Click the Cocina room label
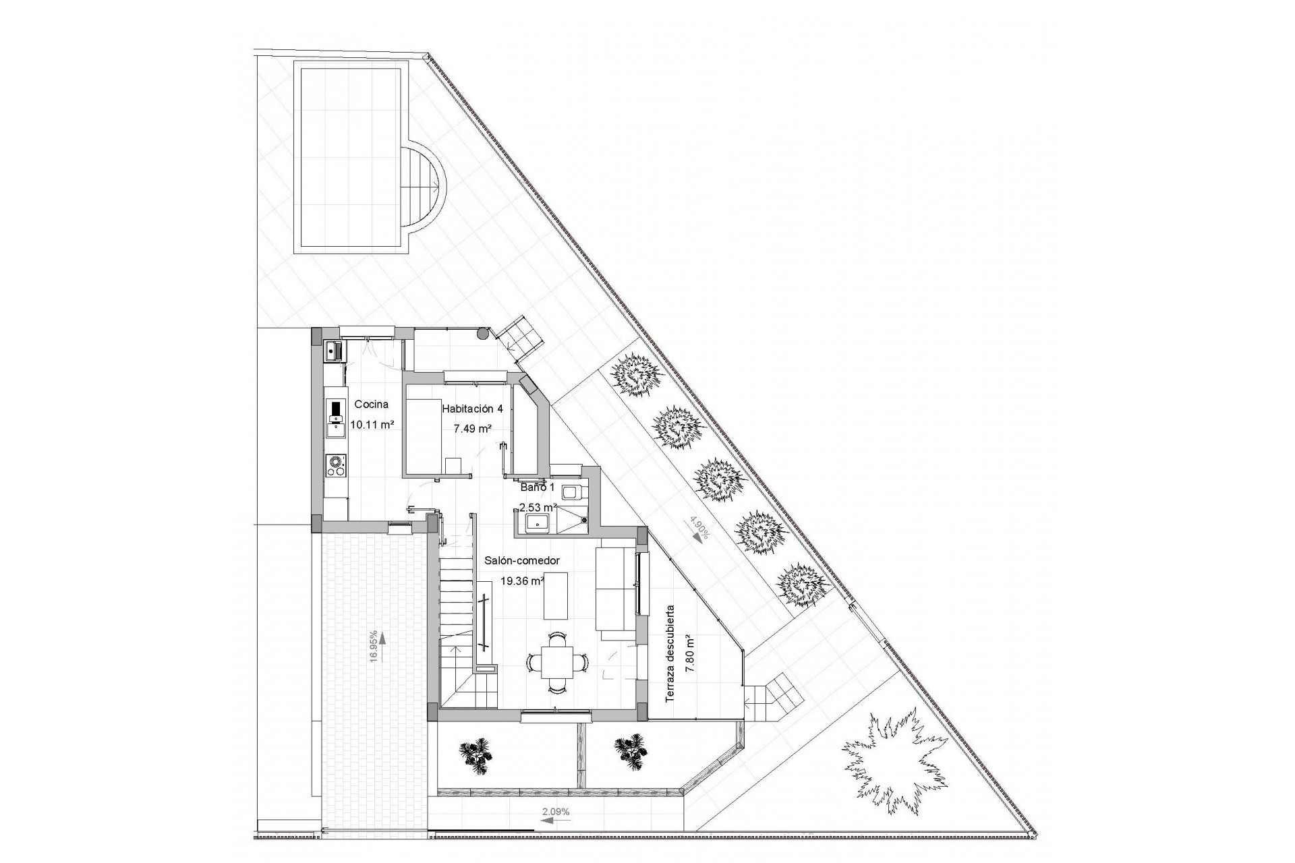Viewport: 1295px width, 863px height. pos(372,405)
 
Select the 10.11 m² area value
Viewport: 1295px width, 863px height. pos(372,425)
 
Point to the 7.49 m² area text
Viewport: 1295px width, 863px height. pos(471,428)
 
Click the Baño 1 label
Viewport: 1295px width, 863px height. pos(537,487)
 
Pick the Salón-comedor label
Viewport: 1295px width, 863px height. pos(522,560)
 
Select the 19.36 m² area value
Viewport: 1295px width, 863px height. pos(522,580)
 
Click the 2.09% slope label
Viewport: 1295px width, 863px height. pos(556,812)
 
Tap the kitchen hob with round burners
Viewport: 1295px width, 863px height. pos(335,465)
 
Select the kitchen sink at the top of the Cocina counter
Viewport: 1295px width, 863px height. pos(334,351)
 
